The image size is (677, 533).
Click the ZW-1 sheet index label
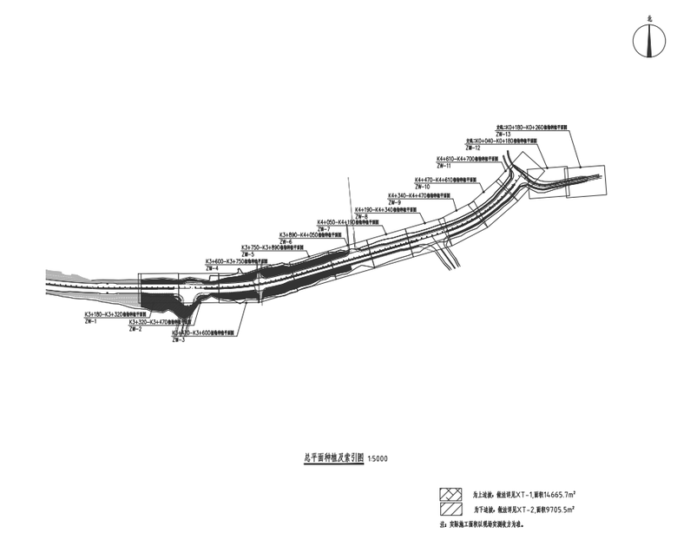[90, 321]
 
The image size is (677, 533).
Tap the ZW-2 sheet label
[135, 329]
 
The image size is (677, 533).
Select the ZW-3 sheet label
[179, 340]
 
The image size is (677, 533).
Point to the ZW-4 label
[212, 268]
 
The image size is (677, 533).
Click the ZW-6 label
[286, 241]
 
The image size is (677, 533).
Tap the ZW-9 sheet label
[394, 202]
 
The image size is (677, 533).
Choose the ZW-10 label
[422, 187]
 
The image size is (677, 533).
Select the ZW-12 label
[472, 148]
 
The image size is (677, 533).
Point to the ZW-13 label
[503, 134]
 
